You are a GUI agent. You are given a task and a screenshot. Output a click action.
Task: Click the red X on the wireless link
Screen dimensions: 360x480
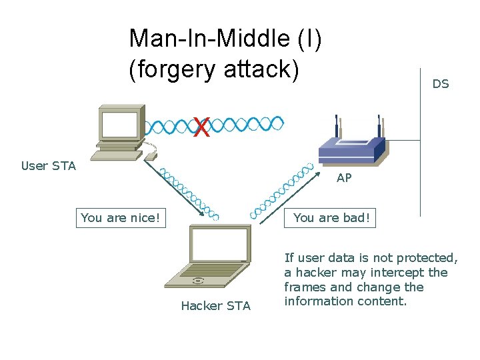(x=201, y=127)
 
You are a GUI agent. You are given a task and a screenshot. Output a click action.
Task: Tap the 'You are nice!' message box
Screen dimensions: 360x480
(x=121, y=218)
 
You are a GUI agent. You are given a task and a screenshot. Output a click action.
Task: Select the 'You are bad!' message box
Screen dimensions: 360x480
(x=331, y=218)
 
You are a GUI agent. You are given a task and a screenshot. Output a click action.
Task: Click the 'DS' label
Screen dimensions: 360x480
(x=441, y=84)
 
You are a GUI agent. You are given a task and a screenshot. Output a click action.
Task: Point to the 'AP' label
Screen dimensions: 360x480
(x=344, y=178)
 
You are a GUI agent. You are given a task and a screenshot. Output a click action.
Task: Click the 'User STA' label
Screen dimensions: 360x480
(x=49, y=166)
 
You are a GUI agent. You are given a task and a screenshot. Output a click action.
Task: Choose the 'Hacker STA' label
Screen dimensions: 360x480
(x=216, y=306)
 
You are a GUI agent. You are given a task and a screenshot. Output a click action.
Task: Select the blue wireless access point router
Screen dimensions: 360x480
(x=351, y=149)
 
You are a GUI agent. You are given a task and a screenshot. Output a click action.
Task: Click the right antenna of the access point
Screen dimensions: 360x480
(x=379, y=127)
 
